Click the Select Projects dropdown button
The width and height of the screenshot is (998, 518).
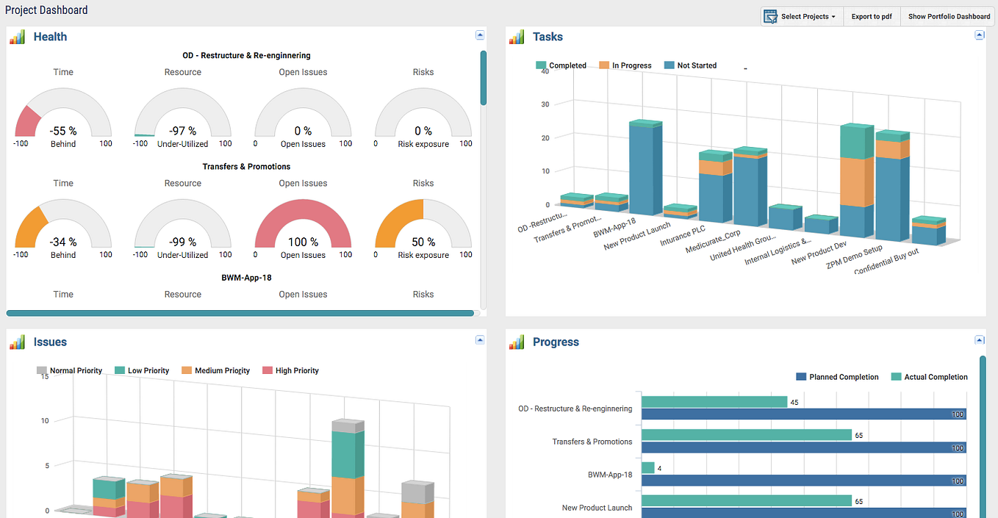tap(801, 16)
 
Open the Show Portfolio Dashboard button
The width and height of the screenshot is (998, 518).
tap(949, 16)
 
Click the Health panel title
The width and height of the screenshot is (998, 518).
tap(50, 37)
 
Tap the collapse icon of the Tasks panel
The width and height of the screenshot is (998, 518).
tap(979, 35)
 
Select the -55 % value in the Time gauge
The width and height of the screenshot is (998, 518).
tap(63, 131)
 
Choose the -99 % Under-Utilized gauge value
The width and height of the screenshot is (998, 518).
tap(183, 242)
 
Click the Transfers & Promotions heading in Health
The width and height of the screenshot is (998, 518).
tap(246, 167)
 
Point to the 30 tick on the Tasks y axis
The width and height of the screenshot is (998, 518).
tap(545, 104)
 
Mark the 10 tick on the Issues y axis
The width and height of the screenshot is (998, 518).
tap(45, 421)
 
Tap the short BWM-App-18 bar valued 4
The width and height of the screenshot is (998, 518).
tap(647, 467)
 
